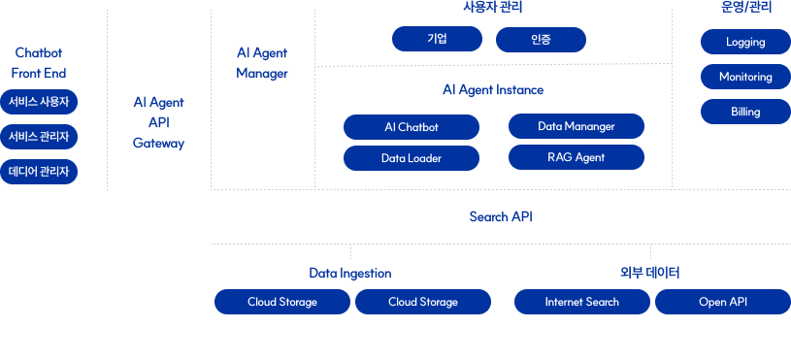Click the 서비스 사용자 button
39,102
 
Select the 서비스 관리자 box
39,137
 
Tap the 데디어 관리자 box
39,172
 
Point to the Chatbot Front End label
39,62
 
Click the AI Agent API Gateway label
158,122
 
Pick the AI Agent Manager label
262,62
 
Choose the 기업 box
438,40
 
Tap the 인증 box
541,40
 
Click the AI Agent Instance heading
493,89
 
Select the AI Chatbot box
412,127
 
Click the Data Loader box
412,158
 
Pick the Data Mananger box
577,126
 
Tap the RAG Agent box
577,157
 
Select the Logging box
745,42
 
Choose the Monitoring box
745,77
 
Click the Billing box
745,112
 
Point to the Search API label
501,216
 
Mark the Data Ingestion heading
350,274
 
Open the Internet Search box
582,302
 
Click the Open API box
723,302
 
